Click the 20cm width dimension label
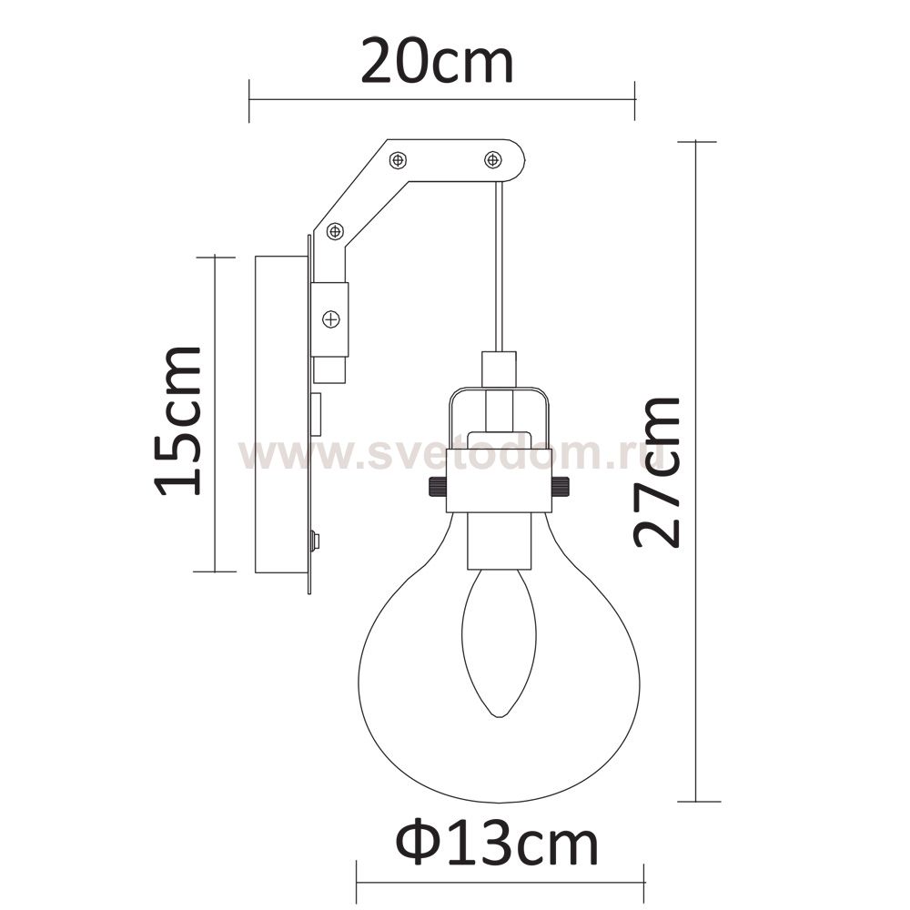437,62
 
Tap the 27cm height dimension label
656,472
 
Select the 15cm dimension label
178,421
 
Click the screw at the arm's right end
492,159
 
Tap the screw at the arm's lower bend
334,232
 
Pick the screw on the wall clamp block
331,319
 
